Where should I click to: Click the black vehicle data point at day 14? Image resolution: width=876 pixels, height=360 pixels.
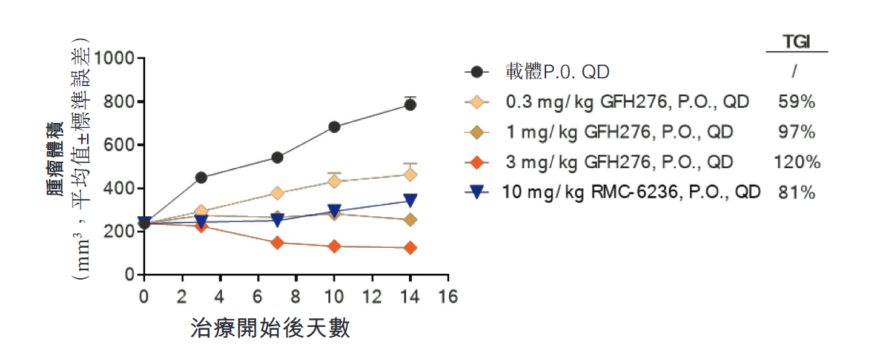tap(410, 104)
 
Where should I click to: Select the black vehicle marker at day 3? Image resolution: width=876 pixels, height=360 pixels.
tap(201, 177)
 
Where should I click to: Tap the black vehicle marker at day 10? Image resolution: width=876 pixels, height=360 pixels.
tap(334, 126)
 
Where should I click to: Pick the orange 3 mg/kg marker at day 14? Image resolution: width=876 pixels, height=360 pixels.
tap(410, 248)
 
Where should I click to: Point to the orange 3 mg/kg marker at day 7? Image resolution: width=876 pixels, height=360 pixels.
tap(277, 243)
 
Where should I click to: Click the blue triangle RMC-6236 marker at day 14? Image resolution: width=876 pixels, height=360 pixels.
tap(410, 200)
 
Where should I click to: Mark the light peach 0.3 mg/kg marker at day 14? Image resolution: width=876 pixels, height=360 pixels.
tap(410, 175)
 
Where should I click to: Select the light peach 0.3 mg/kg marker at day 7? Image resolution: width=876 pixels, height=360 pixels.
tap(277, 193)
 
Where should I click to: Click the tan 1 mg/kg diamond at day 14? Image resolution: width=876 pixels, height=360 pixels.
tap(410, 220)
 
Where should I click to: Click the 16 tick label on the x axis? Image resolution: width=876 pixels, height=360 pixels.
tap(448, 296)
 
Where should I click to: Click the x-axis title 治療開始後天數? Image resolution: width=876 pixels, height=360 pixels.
tap(270, 328)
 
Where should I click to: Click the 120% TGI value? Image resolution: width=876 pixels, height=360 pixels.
tap(796, 162)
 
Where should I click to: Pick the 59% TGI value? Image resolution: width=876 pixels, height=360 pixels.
tap(796, 102)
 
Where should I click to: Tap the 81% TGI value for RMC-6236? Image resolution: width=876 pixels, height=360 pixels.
tap(796, 193)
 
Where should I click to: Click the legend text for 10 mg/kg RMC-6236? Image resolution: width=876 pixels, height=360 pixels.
tap(633, 193)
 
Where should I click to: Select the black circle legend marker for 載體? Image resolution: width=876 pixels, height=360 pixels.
tap(476, 72)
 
